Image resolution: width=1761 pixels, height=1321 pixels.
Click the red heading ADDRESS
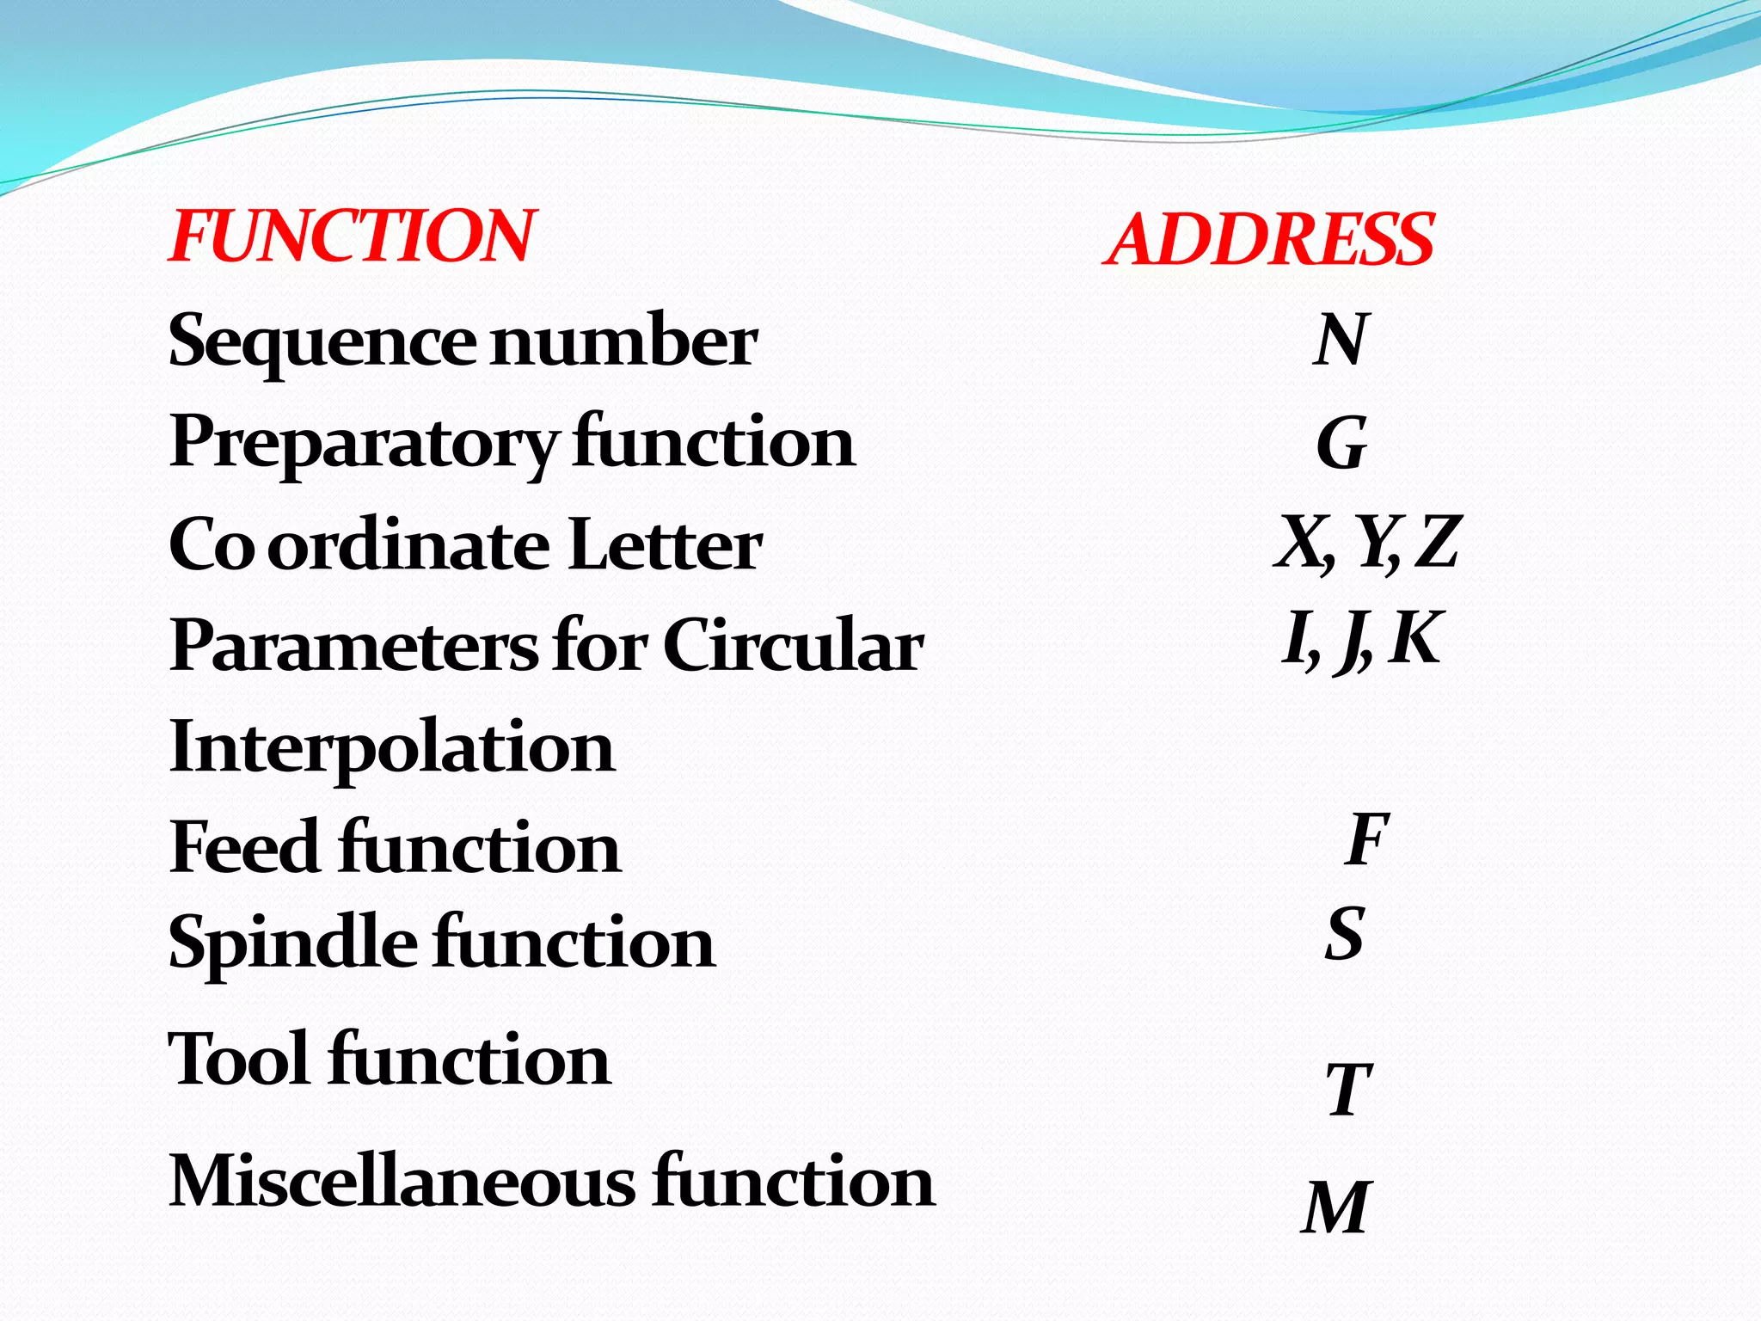[1269, 239]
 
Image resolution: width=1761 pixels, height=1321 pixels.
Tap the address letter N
[1341, 340]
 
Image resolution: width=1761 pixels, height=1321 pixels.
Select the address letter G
[1341, 443]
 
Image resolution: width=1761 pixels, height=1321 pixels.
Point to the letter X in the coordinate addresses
[1300, 542]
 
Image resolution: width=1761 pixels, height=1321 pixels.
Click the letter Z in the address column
[1437, 542]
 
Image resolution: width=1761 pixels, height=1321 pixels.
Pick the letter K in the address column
[1414, 638]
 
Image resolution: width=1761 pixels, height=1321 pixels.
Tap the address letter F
[1366, 839]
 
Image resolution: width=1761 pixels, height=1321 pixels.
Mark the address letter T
[1347, 1089]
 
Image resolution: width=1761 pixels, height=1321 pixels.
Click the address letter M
[1335, 1207]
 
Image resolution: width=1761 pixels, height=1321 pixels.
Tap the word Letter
[665, 545]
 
